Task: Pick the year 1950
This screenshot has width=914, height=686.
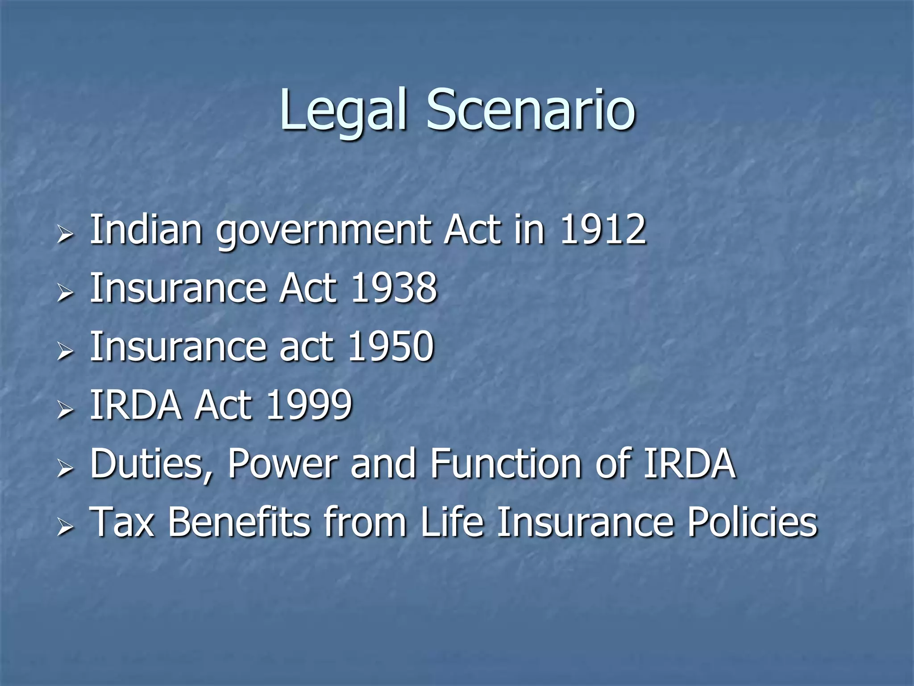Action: pos(391,347)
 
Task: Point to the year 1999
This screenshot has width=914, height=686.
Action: pos(309,405)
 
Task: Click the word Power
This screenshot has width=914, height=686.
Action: pos(283,464)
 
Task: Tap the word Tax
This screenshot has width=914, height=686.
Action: pos(122,522)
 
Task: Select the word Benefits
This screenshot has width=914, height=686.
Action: pos(239,522)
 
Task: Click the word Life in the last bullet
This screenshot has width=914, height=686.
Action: pos(452,522)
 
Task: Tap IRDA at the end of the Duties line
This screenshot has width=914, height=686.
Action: pos(689,464)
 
